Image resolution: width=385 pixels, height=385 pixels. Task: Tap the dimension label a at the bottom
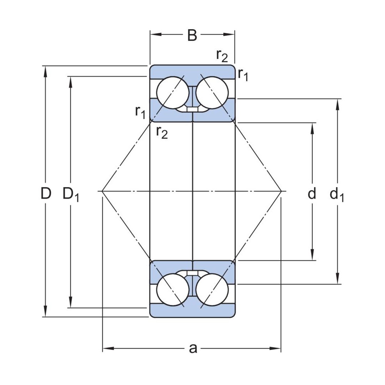(x=193, y=348)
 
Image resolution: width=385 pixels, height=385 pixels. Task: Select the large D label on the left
(x=46, y=194)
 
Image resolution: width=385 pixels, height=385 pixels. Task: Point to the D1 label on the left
(x=71, y=195)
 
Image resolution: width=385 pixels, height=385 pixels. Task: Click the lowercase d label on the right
(x=312, y=194)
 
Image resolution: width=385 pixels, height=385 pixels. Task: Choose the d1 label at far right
(x=337, y=195)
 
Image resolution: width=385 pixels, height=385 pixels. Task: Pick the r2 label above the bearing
(x=222, y=56)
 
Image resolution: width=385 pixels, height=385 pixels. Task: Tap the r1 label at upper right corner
(x=243, y=74)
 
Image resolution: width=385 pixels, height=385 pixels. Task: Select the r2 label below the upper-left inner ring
(x=162, y=132)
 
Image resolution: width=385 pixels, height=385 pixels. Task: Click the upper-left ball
(x=172, y=93)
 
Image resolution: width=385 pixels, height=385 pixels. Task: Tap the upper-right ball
(x=212, y=93)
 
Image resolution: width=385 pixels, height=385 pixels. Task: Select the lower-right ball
(x=212, y=289)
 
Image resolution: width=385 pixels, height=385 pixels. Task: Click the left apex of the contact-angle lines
(x=102, y=191)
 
